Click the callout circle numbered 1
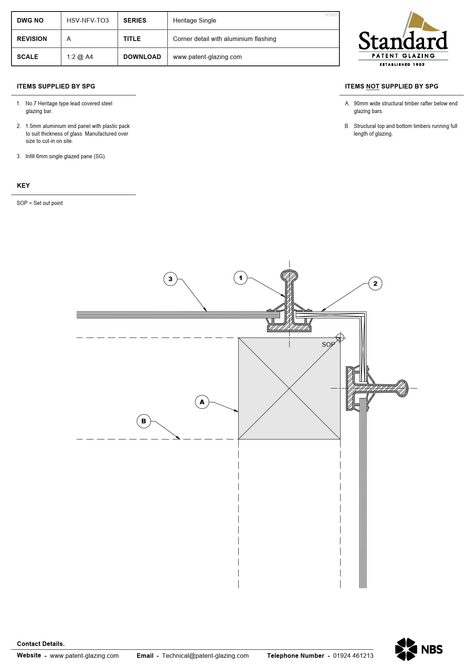[241, 278]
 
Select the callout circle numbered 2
[375, 284]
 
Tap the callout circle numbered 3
[170, 279]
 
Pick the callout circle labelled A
[202, 402]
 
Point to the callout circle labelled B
[144, 421]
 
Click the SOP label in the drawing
[328, 344]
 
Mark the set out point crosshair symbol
[340, 338]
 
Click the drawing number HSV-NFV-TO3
[88, 20]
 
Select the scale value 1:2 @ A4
[80, 57]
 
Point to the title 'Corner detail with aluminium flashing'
[224, 39]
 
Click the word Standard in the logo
[403, 41]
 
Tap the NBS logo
[419, 649]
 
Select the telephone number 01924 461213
[353, 656]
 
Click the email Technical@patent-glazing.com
[205, 656]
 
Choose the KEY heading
[23, 185]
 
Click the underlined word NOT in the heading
[372, 86]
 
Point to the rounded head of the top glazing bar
[289, 276]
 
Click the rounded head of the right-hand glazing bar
[402, 388]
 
